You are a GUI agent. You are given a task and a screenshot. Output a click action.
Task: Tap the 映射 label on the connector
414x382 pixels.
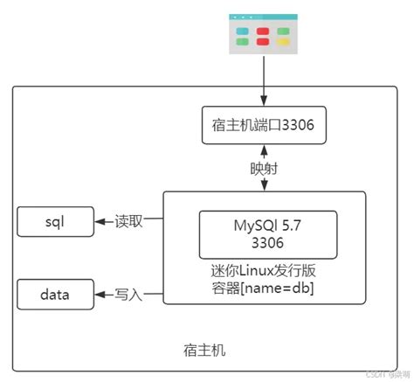[264, 168]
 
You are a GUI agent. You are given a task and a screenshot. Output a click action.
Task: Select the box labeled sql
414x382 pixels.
[54, 222]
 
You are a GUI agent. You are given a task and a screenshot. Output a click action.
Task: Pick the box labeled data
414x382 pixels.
[54, 295]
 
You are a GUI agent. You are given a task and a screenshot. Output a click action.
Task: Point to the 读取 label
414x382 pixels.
[128, 222]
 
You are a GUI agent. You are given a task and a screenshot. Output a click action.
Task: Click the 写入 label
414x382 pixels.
[128, 295]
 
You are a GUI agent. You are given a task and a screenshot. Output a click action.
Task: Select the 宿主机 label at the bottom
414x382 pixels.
[207, 351]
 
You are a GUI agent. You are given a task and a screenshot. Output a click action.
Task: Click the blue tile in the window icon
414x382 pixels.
[243, 30]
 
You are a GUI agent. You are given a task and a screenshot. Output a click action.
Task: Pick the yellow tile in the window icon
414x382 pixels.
[283, 30]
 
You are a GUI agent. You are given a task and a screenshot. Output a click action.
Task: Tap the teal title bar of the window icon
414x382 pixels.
[263, 17]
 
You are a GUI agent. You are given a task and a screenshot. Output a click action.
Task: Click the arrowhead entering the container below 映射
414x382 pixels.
[264, 186]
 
